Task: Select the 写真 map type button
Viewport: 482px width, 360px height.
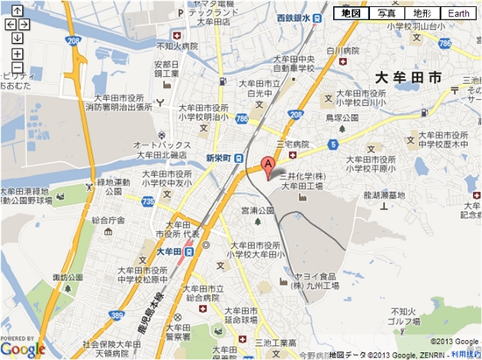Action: pyautogui.click(x=386, y=13)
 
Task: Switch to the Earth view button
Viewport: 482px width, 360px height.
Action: pyautogui.click(x=458, y=13)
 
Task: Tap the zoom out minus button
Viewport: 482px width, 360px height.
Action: pyautogui.click(x=18, y=67)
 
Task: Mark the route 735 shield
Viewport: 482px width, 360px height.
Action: pyautogui.click(x=147, y=201)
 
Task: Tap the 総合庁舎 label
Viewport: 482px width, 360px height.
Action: pyautogui.click(x=111, y=221)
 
